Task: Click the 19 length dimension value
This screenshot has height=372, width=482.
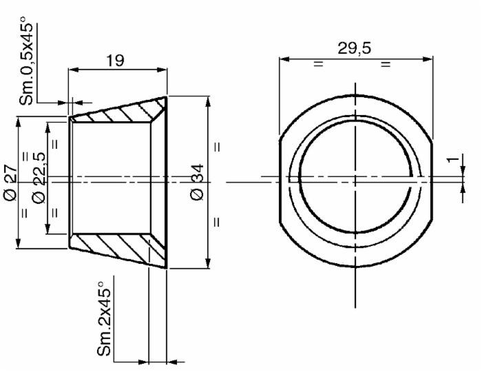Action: [115, 61]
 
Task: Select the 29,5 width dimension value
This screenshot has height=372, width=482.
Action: [354, 48]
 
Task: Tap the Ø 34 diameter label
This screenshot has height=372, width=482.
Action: [197, 182]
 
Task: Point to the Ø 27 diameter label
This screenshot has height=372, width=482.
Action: [10, 183]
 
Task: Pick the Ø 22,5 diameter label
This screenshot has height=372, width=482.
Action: [39, 178]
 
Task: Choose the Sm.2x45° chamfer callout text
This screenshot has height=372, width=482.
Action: [104, 318]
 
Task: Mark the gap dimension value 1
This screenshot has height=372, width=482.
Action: [452, 160]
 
